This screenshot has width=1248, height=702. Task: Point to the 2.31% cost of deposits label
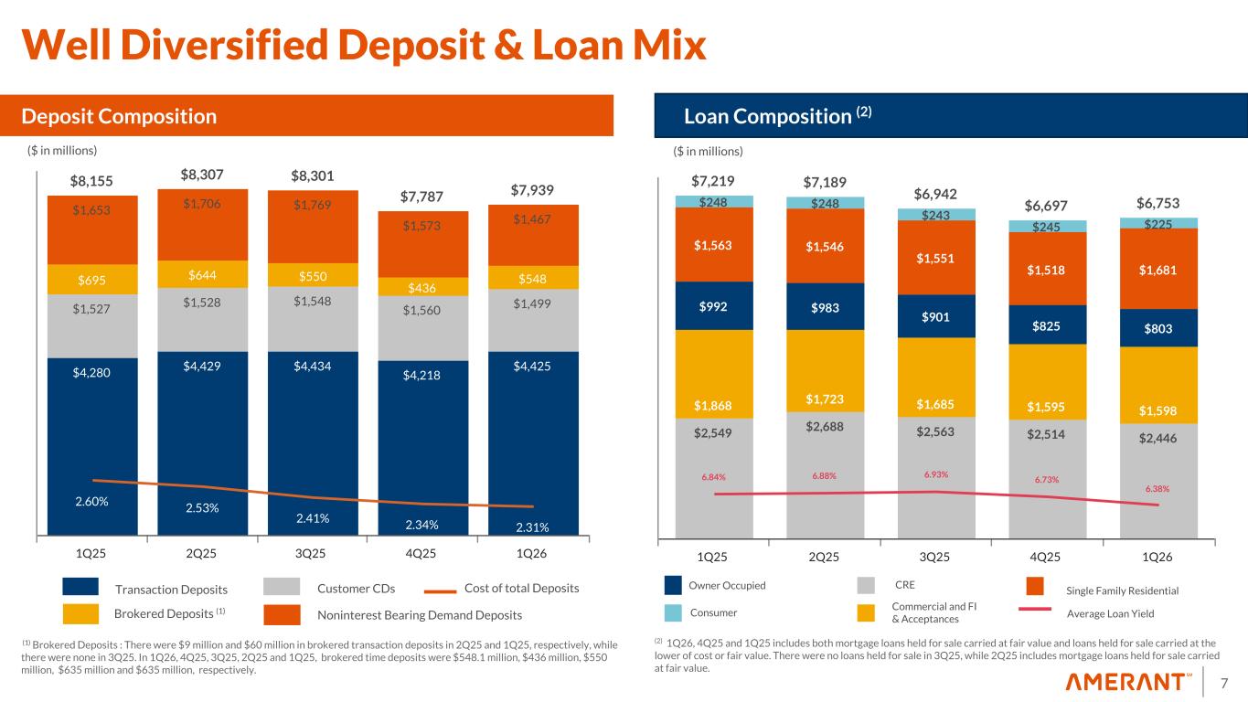pos(533,526)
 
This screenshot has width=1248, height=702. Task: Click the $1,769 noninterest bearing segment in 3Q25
pos(313,205)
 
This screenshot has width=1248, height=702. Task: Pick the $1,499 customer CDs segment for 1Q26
pos(533,303)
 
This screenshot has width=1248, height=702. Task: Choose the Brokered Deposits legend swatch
pos(80,613)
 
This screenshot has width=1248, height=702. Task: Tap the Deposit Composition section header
pos(120,116)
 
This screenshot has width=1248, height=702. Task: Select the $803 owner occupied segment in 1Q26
pos(1157,328)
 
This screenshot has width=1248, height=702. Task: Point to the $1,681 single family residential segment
pos(1157,270)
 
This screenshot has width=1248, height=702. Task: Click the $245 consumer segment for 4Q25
pos(1047,227)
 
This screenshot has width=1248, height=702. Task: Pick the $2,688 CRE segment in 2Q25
pos(825,426)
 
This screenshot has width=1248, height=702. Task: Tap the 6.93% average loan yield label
pos(936,473)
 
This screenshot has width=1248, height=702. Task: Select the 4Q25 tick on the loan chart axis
pos(1047,557)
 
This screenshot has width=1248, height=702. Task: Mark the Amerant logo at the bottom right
pos(1129,683)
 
